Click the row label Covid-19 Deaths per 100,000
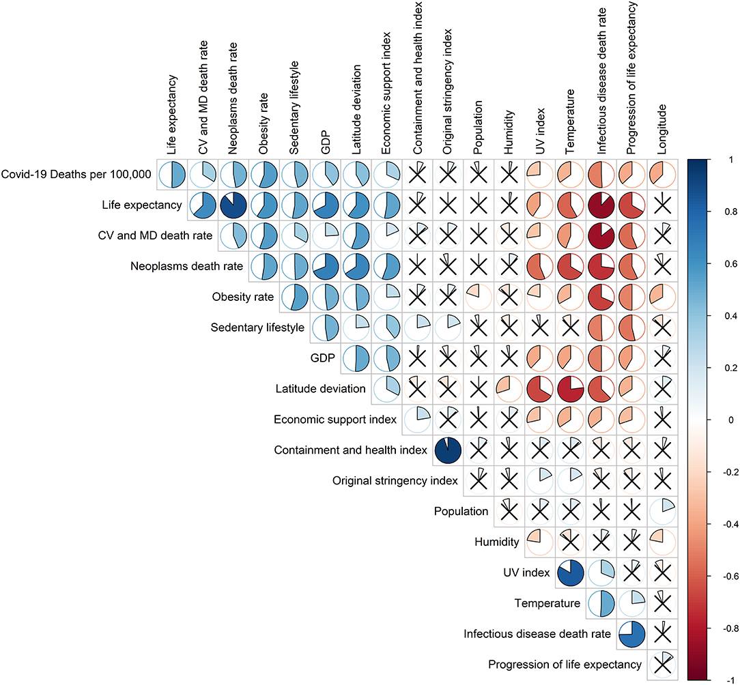(76, 175)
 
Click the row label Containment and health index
(350, 450)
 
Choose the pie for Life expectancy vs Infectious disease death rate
(601, 205)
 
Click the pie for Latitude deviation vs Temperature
(571, 389)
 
